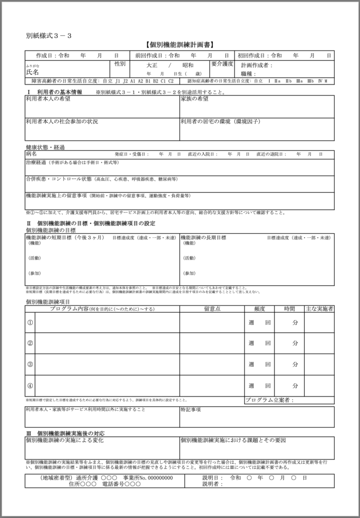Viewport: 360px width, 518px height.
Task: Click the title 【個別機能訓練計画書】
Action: [x=180, y=45]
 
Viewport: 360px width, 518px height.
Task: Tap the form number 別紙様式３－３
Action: [x=48, y=35]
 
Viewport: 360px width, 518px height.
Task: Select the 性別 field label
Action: [x=120, y=64]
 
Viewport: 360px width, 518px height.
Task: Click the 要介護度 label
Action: [x=222, y=64]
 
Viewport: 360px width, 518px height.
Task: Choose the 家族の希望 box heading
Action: [x=194, y=99]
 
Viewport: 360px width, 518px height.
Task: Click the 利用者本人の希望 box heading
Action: [x=48, y=99]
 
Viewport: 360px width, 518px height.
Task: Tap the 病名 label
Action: [x=31, y=154]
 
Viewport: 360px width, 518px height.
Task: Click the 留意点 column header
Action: [x=212, y=309]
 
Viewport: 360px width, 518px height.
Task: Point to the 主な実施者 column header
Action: [x=319, y=309]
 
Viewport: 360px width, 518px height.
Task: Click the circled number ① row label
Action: [x=30, y=322]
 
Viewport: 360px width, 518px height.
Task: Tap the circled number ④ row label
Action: [x=30, y=385]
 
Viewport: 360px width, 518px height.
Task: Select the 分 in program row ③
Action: [x=295, y=364]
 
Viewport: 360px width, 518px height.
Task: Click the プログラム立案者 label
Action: [x=269, y=400]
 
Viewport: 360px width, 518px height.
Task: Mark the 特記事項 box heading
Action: [x=191, y=410]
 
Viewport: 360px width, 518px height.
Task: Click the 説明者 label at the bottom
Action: [x=213, y=484]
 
